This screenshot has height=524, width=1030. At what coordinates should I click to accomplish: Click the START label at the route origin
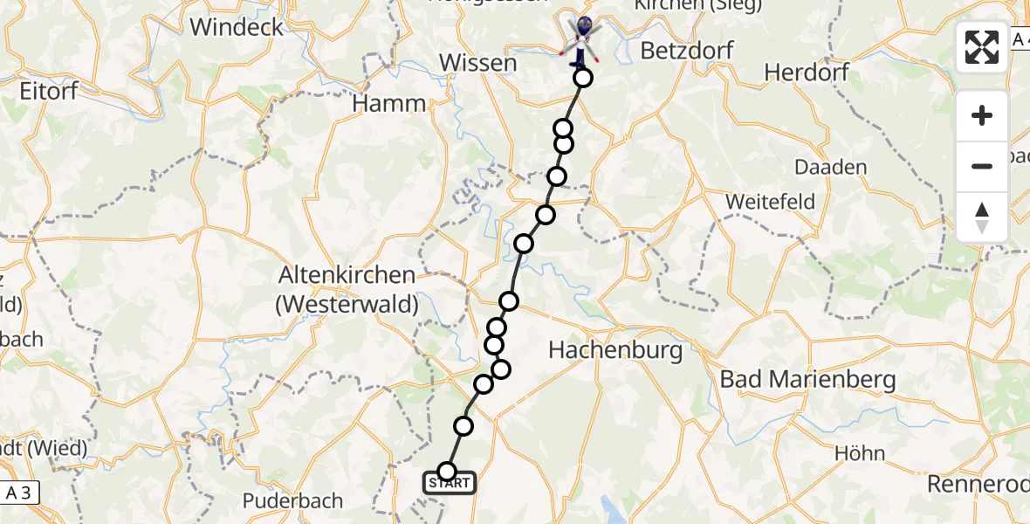click(x=450, y=483)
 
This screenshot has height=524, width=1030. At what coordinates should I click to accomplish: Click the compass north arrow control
click(x=982, y=217)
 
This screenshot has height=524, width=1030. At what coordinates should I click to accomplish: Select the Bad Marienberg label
click(x=808, y=380)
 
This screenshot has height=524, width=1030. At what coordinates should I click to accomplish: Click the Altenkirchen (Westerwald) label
click(x=347, y=290)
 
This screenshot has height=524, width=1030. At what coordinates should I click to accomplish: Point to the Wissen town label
click(x=478, y=63)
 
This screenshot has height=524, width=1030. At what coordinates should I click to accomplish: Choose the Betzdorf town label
click(x=683, y=51)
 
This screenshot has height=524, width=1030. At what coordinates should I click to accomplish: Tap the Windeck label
click(x=237, y=27)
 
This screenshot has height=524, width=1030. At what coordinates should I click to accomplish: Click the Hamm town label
click(x=389, y=104)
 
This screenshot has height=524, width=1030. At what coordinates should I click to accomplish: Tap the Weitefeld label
click(x=771, y=202)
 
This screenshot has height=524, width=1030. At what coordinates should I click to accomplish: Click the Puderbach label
click(x=292, y=502)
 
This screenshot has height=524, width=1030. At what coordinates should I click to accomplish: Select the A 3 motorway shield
click(x=19, y=493)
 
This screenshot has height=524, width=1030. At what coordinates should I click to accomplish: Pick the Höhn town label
click(x=860, y=452)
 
